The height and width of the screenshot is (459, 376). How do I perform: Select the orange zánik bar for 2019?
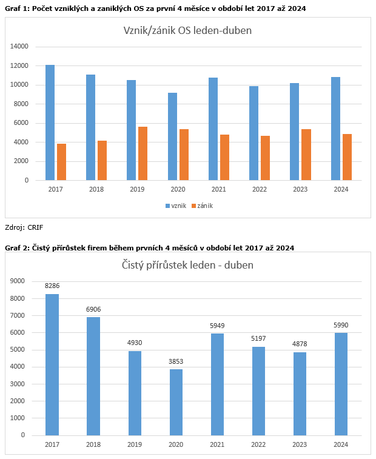click(143, 153)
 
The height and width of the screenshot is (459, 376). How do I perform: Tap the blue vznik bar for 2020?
click(172, 136)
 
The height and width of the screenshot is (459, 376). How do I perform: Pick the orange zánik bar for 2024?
click(347, 157)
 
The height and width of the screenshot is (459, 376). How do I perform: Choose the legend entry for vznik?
click(175, 206)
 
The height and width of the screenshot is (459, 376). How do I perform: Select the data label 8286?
click(52, 285)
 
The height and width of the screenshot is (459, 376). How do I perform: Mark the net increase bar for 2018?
click(93, 376)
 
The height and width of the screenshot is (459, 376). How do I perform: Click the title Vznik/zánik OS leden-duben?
click(187, 30)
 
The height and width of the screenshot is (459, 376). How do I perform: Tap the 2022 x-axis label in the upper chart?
click(260, 189)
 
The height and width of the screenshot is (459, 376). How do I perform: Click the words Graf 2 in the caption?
click(18, 247)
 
